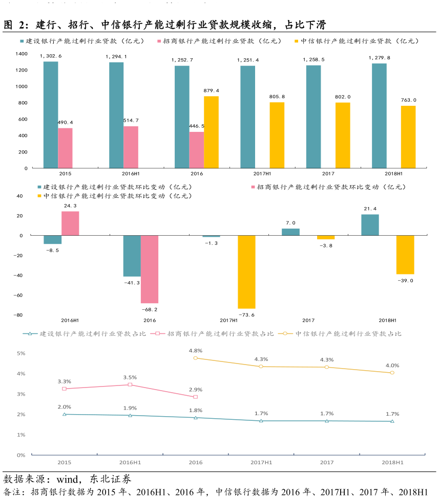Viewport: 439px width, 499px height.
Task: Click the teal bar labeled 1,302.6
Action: point(51,115)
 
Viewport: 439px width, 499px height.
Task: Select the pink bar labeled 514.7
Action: point(131,147)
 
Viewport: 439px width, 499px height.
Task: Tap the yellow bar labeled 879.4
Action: point(211,132)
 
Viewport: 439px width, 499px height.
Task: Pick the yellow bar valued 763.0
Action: point(408,137)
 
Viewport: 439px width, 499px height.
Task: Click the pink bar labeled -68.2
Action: point(150,269)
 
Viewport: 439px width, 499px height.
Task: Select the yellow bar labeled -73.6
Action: point(246,271)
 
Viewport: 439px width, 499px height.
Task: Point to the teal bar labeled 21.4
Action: point(370,225)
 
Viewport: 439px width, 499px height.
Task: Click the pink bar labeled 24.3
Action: point(70,223)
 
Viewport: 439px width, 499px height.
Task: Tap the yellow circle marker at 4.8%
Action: point(195,358)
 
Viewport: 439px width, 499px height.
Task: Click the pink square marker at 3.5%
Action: point(130,384)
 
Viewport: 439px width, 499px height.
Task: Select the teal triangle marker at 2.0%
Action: point(65,414)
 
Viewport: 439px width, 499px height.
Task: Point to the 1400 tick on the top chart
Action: point(21,54)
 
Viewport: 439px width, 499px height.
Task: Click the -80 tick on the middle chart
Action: point(20,315)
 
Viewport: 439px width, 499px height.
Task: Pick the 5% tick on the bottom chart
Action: point(21,353)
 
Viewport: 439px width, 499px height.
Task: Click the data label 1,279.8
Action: point(379,58)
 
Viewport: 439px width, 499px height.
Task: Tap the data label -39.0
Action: point(405,281)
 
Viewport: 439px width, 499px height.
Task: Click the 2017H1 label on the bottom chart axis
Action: point(261,462)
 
